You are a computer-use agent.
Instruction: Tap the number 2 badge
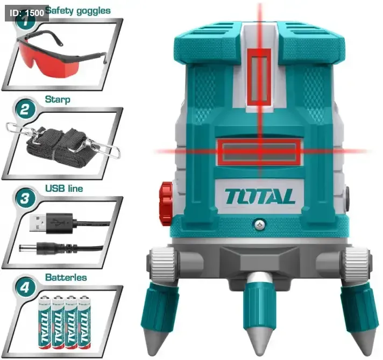24,109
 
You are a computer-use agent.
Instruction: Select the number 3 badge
25,198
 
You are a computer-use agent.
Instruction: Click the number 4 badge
25,287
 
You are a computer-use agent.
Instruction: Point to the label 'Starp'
58,99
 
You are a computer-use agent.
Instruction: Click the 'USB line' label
64,188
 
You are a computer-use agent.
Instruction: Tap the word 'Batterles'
66,277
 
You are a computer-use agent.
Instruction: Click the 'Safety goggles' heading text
78,11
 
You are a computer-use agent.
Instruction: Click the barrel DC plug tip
24,248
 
